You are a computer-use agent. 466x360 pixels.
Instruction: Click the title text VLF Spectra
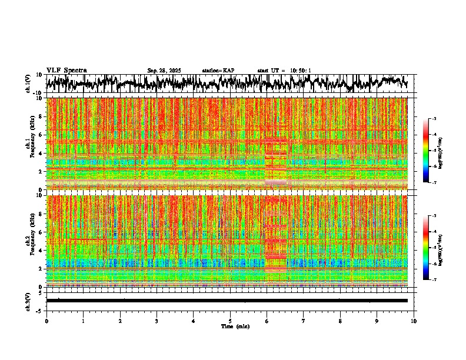(66, 71)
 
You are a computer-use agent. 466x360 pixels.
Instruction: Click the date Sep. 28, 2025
(164, 71)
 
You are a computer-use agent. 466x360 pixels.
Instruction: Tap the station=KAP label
(218, 71)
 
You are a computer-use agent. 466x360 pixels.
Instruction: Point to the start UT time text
(284, 71)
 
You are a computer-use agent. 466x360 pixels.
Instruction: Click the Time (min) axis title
(234, 326)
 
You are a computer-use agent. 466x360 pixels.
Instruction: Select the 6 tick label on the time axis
(267, 321)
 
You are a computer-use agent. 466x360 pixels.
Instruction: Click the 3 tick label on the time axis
(157, 321)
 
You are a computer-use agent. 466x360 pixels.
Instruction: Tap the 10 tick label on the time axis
(414, 321)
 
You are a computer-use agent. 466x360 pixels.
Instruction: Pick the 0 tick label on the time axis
(46, 321)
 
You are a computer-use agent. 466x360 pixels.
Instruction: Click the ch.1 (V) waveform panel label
(28, 84)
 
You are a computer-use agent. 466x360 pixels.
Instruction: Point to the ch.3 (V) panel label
(28, 301)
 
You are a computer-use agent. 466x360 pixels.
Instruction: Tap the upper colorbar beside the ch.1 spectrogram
(432, 151)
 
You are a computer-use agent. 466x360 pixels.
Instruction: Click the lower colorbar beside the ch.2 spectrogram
(432, 248)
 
